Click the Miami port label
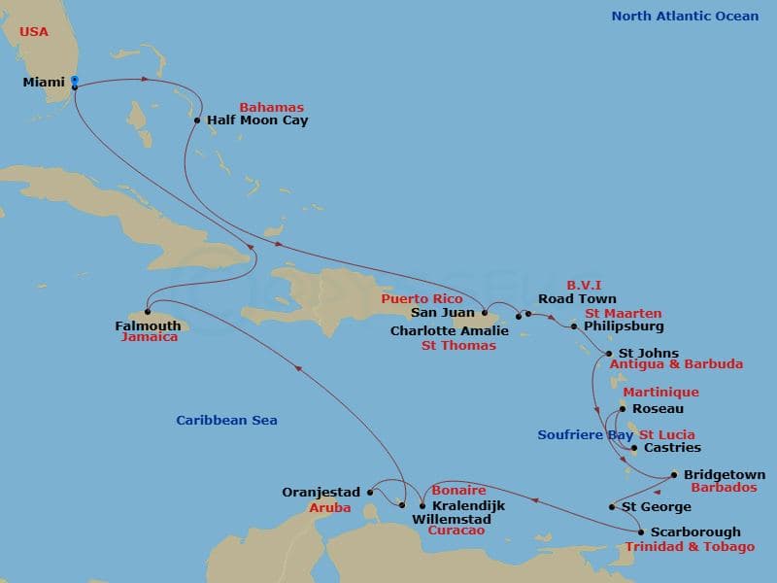(x=43, y=83)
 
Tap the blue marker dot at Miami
(x=75, y=82)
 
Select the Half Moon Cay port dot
(x=197, y=121)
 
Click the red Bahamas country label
(x=271, y=108)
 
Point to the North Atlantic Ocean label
(x=685, y=16)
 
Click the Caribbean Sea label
(x=226, y=421)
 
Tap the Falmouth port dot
(x=148, y=312)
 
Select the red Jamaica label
(x=150, y=338)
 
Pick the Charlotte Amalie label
(x=450, y=331)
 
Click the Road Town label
(x=577, y=299)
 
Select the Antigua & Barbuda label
(x=676, y=364)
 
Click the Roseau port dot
(x=621, y=409)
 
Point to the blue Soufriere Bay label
(x=585, y=435)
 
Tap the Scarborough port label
(x=695, y=532)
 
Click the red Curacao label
(x=456, y=532)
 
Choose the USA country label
(x=33, y=31)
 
